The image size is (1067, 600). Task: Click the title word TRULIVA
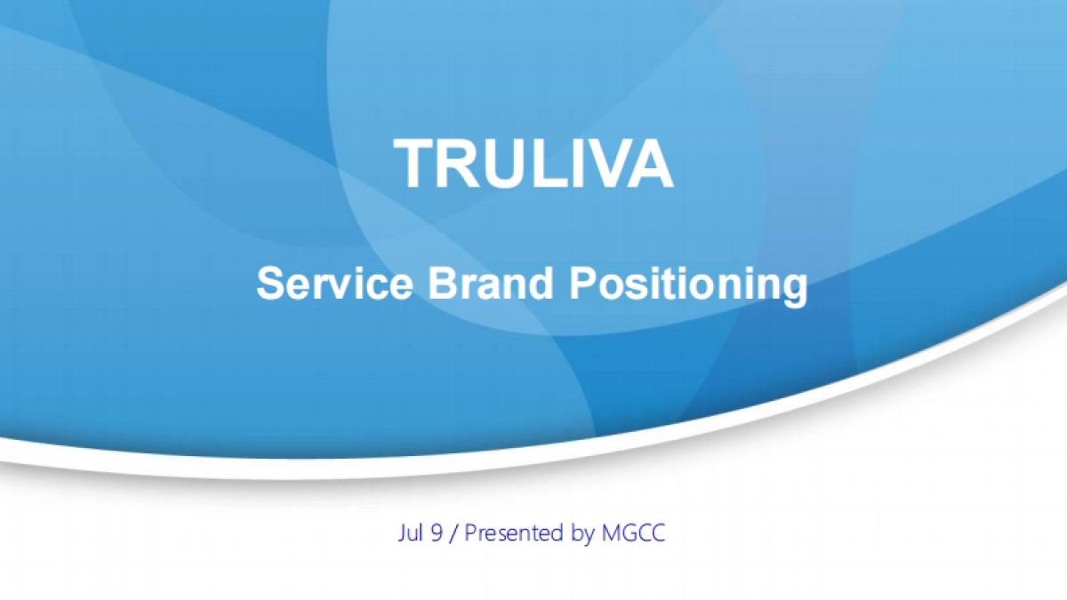(x=533, y=164)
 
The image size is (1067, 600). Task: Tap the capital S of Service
(x=269, y=284)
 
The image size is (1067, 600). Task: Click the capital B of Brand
(x=438, y=284)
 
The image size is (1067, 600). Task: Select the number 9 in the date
(x=437, y=533)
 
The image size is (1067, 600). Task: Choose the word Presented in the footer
(x=516, y=533)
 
